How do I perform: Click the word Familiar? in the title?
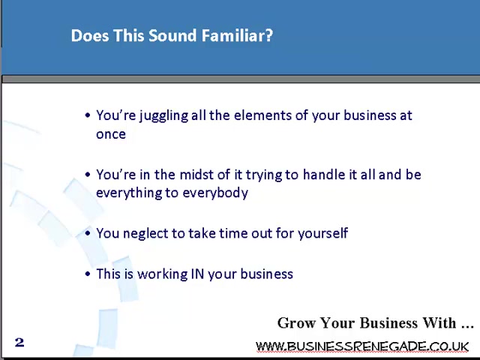237,35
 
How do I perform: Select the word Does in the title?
90,35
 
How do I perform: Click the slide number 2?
19,342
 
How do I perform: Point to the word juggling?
163,116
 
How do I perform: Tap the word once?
111,134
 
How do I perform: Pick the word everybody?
215,193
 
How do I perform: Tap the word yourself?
323,233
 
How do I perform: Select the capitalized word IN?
197,274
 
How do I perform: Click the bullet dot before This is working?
88,274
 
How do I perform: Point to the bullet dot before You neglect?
88,233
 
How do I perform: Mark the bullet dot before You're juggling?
88,115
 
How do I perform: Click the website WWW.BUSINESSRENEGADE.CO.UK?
362,346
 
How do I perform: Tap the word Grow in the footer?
296,323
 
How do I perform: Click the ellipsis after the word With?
467,326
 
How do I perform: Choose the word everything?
128,193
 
